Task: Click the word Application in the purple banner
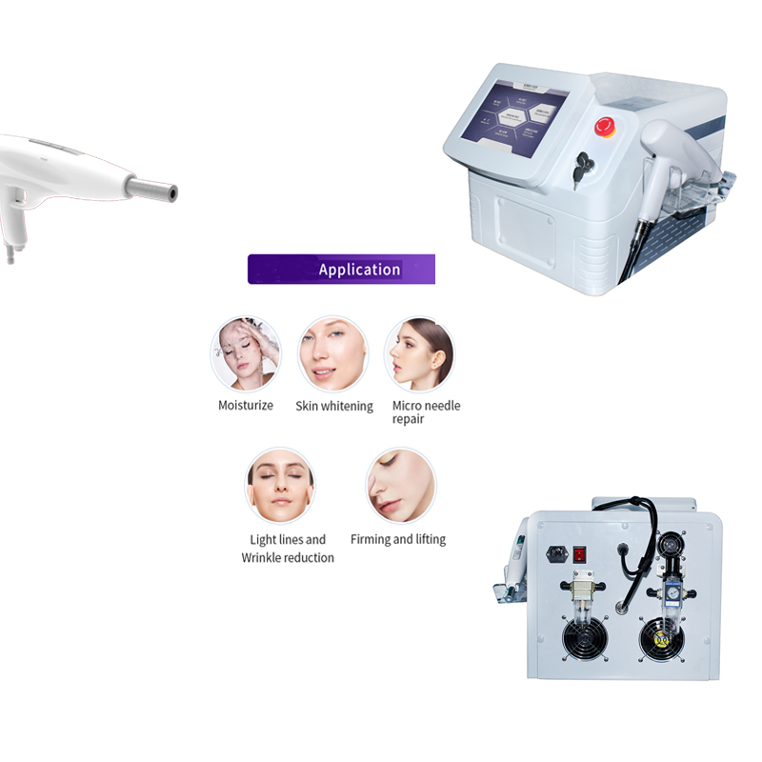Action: [359, 270]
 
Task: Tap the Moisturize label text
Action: [246, 406]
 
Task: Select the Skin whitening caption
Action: [334, 407]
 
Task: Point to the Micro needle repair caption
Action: [426, 412]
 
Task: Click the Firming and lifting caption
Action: [398, 540]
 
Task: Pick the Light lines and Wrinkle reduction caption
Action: [288, 549]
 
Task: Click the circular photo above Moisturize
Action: [246, 354]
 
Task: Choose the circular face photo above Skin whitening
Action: [333, 354]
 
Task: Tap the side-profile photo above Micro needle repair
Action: [420, 354]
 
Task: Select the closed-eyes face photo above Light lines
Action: [281, 485]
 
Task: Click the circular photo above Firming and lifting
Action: [400, 485]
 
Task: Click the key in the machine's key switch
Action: [579, 170]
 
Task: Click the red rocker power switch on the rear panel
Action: [579, 552]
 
